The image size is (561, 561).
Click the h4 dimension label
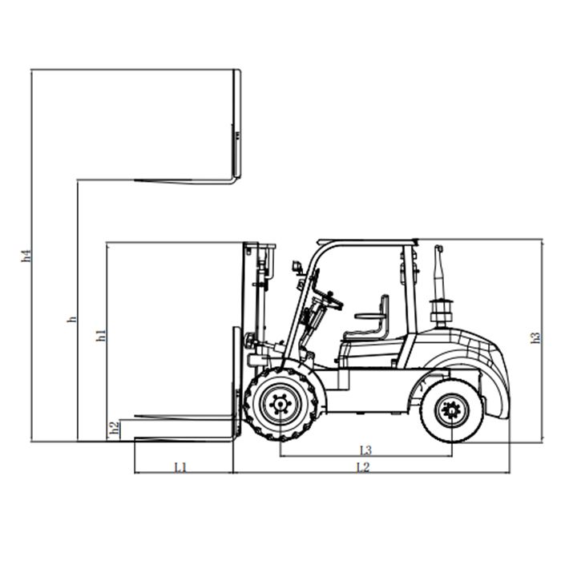tap(26, 255)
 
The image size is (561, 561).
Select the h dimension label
tap(72, 319)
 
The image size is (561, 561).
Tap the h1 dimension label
tap(101, 335)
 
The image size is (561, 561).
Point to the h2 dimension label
tap(114, 427)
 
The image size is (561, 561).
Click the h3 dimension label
tap(535, 337)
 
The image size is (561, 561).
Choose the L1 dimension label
tap(180, 467)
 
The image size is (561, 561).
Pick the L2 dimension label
tap(363, 467)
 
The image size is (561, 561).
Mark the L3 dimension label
tap(365, 450)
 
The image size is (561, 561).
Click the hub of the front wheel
tap(280, 404)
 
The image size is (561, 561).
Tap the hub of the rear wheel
tap(452, 410)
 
